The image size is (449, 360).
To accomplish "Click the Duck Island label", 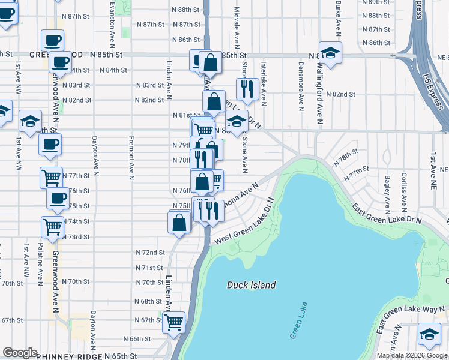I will pos(252,286).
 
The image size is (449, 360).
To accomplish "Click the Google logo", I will pos(20,353).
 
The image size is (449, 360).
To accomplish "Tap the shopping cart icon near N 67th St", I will pos(174,322).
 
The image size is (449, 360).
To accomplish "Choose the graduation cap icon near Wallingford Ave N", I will pos(330,53).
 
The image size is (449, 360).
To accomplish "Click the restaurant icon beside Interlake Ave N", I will pos(247,89).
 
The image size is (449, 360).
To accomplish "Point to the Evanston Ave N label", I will pos(112,24).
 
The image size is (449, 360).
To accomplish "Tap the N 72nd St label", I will pos(149,253).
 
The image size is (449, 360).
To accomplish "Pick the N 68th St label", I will pos(149,301).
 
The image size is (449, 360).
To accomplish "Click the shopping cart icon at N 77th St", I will pos(52,177).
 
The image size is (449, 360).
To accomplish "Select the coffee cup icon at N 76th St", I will pos(58,198).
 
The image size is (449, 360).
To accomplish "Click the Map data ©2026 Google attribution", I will pos(412,355).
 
